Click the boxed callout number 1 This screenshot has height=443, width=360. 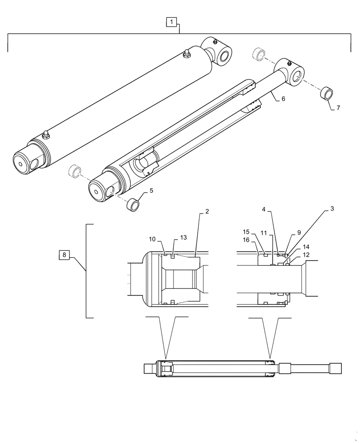pos(172,21)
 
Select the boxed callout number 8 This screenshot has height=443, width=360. pos(65,255)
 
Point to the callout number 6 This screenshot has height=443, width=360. pos(283,99)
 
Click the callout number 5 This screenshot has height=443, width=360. pos(151,190)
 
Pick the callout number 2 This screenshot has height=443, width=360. pos(206,212)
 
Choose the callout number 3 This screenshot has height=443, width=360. pos(332,208)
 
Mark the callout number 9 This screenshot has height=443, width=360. pos(298,232)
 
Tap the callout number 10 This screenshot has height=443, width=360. pos(152,239)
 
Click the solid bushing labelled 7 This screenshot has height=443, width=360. pos(326,94)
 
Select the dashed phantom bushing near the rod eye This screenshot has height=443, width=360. pos(258,54)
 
